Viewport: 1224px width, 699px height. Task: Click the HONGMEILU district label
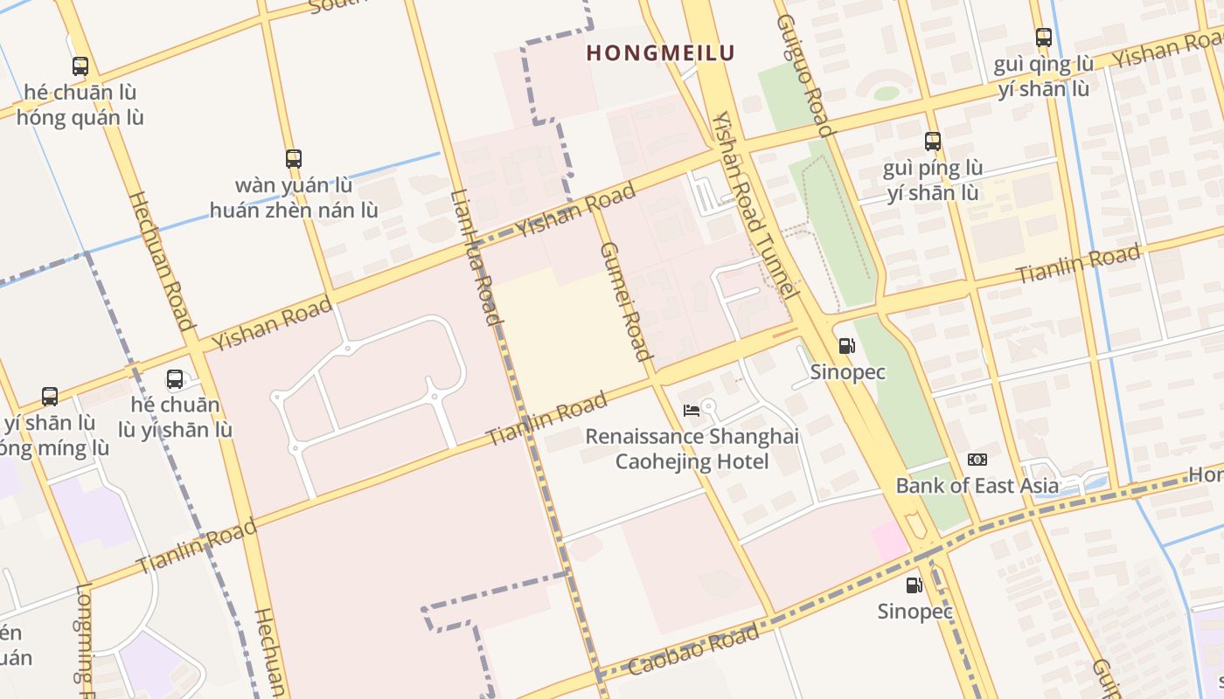[660, 52]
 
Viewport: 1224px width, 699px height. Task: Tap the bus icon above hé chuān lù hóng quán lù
[80, 66]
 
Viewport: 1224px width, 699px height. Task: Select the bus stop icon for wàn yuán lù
[294, 158]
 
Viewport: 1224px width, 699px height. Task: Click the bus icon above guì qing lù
[1043, 38]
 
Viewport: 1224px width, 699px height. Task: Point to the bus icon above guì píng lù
[933, 141]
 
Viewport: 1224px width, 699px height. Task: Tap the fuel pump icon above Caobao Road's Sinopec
[914, 585]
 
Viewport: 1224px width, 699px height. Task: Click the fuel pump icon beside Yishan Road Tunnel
[846, 346]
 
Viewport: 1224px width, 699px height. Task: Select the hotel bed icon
[692, 410]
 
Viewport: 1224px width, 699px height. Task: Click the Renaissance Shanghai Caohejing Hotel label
[692, 448]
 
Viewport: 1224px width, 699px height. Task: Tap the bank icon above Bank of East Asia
[977, 460]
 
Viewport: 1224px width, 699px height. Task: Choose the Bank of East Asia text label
[977, 486]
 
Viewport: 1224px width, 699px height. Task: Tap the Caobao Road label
[695, 650]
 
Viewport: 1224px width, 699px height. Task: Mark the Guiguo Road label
[802, 75]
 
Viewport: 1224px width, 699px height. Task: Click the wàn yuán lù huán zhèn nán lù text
[294, 197]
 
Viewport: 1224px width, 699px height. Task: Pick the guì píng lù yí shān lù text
[933, 180]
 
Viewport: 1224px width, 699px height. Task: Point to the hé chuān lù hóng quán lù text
[80, 104]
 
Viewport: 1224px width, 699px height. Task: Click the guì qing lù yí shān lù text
[1043, 76]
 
